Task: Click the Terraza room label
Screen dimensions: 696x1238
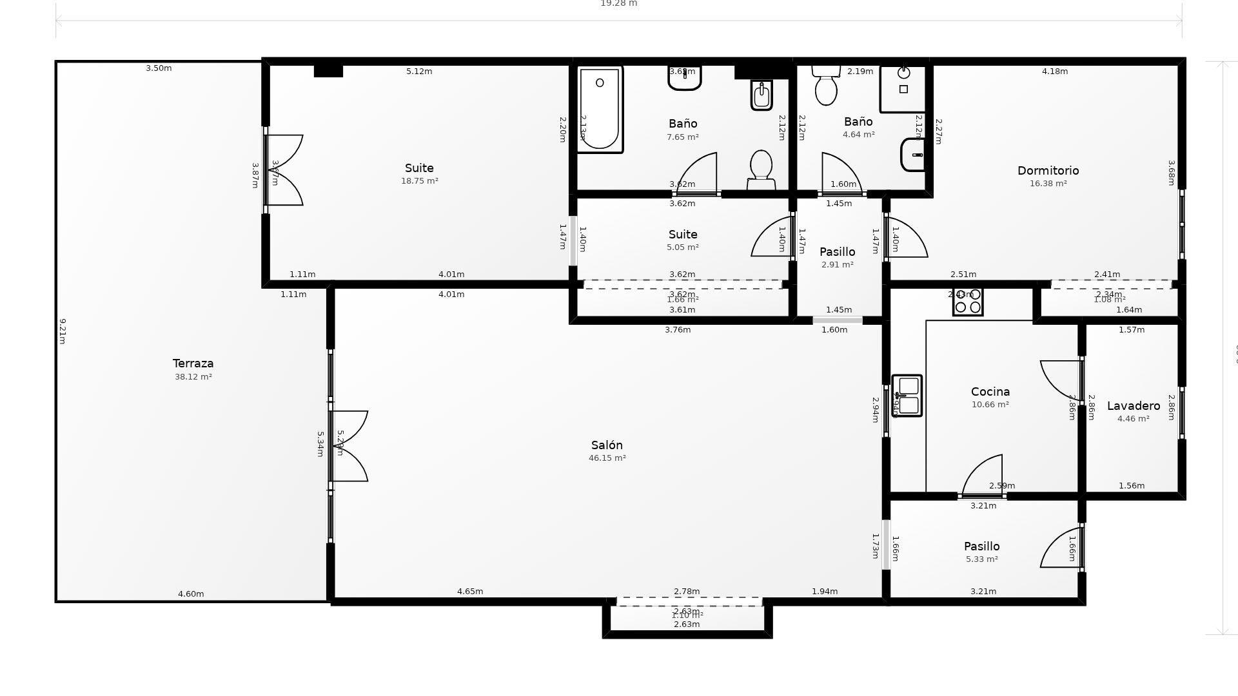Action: [x=193, y=363]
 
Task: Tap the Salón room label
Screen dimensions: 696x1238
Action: [x=607, y=445]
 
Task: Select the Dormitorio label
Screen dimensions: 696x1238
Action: [x=1048, y=171]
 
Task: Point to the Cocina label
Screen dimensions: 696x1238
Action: [x=990, y=392]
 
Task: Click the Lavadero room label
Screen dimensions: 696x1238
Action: [x=1133, y=406]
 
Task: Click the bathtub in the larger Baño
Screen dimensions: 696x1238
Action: [x=599, y=109]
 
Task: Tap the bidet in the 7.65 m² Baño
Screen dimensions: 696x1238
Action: [x=761, y=95]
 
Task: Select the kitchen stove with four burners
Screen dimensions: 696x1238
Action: [x=968, y=302]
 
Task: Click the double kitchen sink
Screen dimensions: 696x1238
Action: [x=907, y=396]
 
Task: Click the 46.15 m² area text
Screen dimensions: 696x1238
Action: [x=607, y=458]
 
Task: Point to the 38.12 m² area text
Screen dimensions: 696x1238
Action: [x=193, y=377]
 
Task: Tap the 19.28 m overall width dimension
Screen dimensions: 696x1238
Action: [x=618, y=4]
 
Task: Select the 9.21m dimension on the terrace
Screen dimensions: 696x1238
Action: [x=63, y=331]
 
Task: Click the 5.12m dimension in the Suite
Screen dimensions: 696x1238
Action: [x=419, y=72]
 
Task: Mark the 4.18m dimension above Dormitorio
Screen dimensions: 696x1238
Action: [x=1054, y=72]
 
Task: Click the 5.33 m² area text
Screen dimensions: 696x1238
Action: [x=981, y=559]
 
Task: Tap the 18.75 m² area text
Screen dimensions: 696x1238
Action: [x=419, y=181]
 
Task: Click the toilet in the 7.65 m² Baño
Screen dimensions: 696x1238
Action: [x=761, y=169]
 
